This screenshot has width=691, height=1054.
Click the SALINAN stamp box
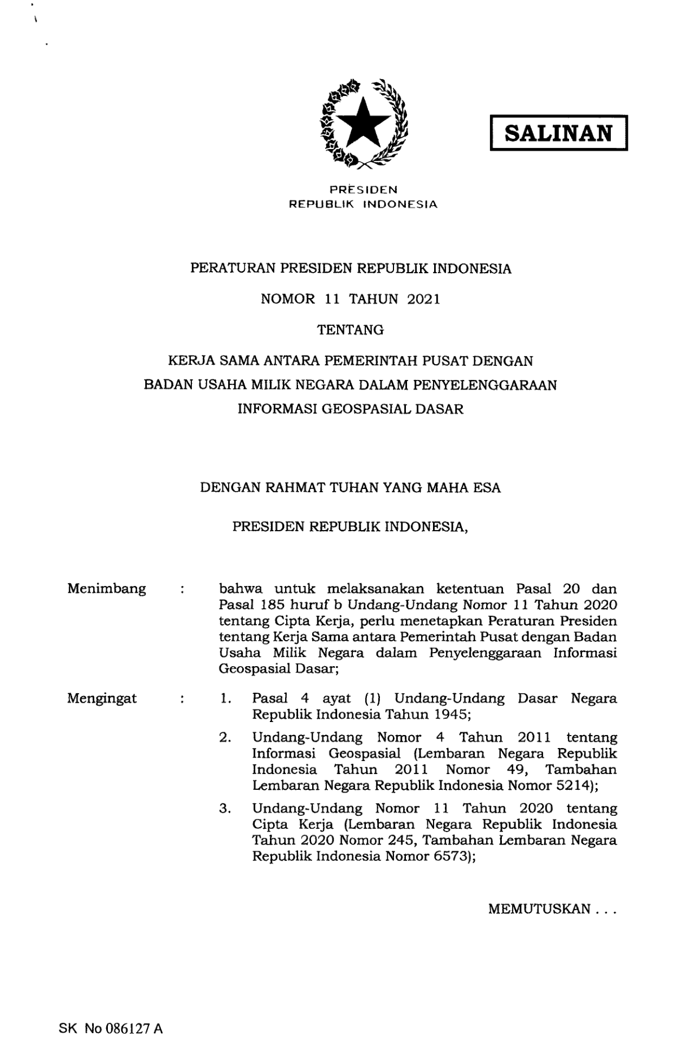click(558, 133)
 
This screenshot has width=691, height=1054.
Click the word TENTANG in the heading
click(351, 330)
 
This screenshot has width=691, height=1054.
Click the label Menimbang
click(106, 589)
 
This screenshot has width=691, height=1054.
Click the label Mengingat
click(102, 698)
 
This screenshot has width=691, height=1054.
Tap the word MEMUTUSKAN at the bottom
click(539, 909)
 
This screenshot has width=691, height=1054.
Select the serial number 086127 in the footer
click(126, 1029)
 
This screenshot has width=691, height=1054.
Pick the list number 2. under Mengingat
click(225, 737)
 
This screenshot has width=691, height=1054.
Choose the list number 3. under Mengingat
click(225, 808)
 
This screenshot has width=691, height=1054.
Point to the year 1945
click(451, 714)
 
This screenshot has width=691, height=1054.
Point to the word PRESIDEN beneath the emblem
click(364, 190)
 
